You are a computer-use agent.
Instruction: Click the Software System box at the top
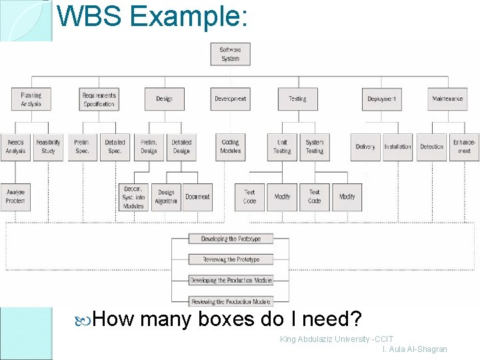coord(230,54)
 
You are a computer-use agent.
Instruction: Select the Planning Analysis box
coord(31,99)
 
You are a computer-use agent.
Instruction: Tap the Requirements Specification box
coord(99,99)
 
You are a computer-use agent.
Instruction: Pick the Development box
coord(230,99)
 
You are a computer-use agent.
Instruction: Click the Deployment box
coord(381,99)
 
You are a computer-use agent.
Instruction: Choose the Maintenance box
coord(447,99)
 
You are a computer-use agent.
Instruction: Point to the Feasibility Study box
coord(48,147)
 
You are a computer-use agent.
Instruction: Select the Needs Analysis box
coord(15,147)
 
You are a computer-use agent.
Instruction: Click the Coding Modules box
coord(231,147)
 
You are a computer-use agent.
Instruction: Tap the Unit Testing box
coord(282,147)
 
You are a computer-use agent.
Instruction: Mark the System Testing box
coord(315,147)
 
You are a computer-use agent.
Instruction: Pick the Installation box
coord(397,147)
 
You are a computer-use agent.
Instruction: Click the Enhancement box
coord(464,147)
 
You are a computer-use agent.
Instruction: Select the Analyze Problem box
coord(15,197)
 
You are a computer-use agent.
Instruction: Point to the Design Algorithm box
coord(166,197)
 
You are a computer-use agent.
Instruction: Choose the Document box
coord(197,197)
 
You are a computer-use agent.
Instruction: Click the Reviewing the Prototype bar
coord(231,259)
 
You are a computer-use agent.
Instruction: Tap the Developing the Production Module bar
coord(231,281)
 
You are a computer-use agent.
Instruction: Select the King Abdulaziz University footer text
coord(337,339)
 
